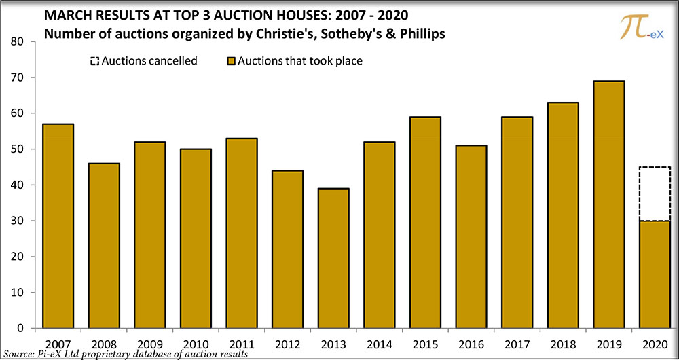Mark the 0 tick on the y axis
click(x=21, y=329)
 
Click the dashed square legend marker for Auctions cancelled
click(x=94, y=62)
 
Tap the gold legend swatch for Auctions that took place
click(x=230, y=62)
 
